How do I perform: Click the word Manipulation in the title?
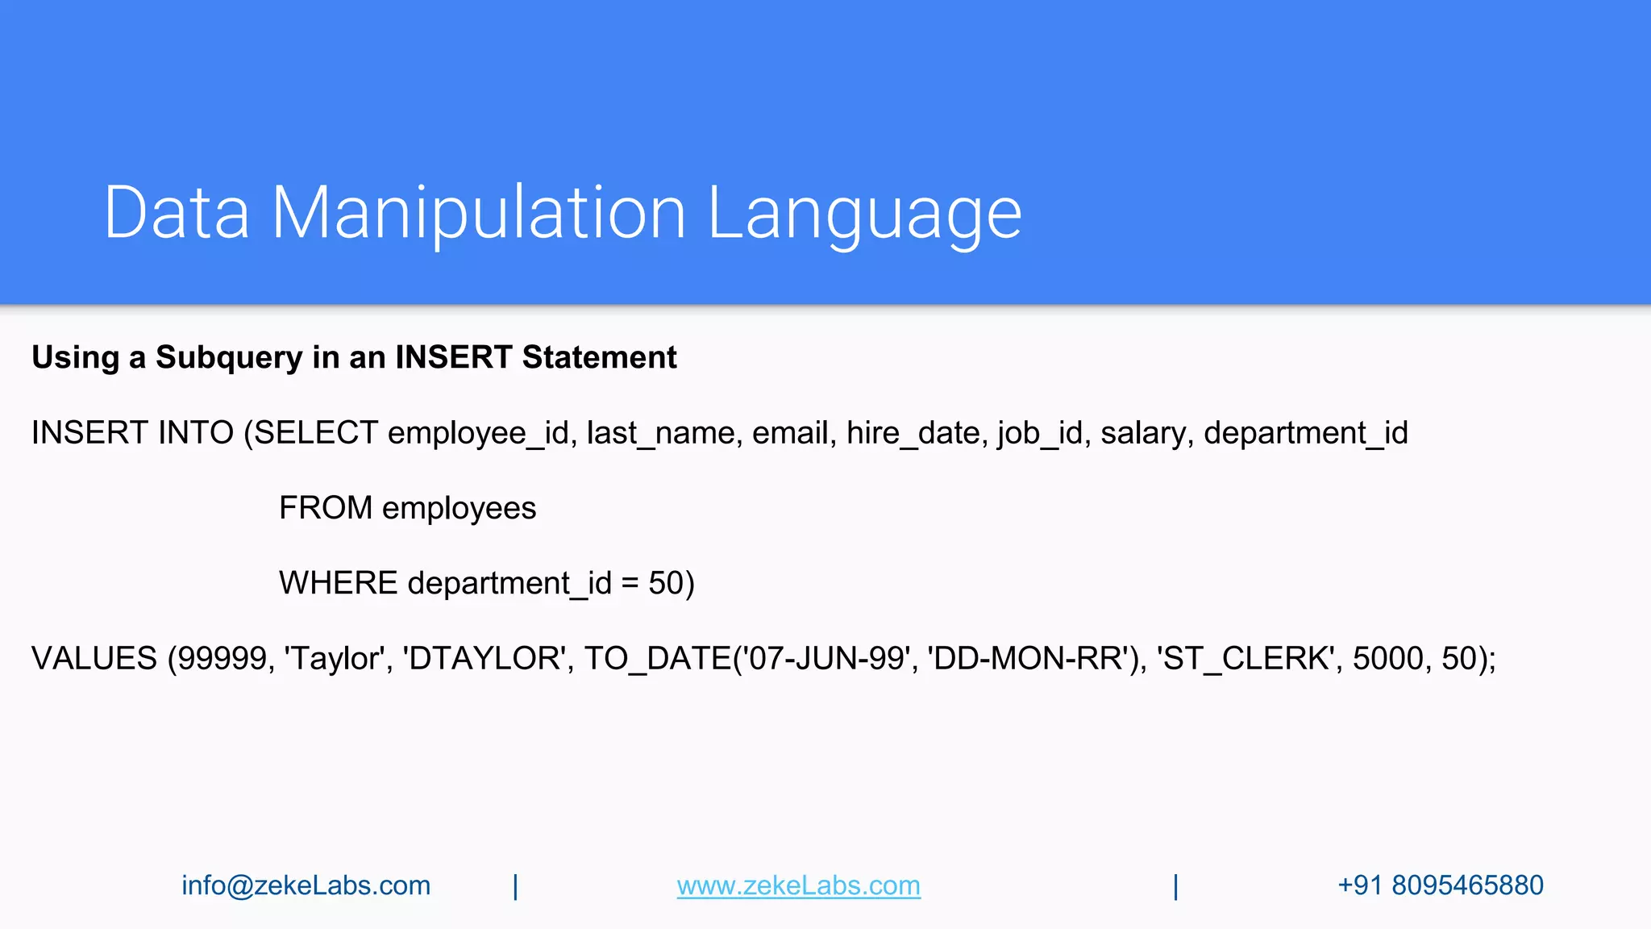(478, 213)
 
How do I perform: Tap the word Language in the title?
(864, 213)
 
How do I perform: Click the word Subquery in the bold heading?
(229, 357)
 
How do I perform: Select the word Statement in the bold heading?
(599, 357)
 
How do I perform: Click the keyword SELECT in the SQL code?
(316, 433)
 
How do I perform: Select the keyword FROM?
(326, 508)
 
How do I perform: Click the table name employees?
(459, 508)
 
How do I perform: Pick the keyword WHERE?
(338, 583)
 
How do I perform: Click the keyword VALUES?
(94, 658)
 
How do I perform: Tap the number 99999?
(222, 658)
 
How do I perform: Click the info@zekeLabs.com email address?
(306, 885)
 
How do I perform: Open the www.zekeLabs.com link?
(798, 885)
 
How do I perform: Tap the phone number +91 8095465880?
(1440, 885)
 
